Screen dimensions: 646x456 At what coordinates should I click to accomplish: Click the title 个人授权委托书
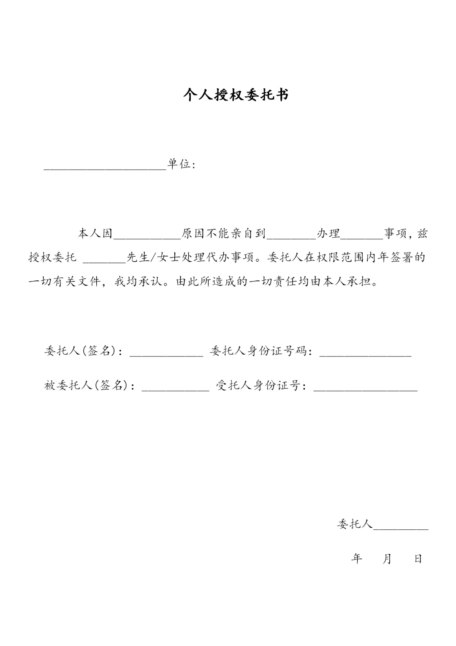[236, 95]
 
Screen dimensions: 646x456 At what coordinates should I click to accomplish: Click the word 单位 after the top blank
[179, 164]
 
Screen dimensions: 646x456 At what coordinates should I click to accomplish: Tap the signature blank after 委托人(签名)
[166, 355]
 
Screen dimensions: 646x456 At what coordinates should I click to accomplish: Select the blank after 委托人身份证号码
[365, 355]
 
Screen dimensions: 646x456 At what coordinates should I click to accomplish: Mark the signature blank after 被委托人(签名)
[175, 390]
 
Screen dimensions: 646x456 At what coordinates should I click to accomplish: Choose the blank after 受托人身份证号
[365, 390]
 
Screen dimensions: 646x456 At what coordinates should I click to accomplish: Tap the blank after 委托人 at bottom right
[401, 528]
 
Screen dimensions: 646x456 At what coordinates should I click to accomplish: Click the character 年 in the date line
[357, 559]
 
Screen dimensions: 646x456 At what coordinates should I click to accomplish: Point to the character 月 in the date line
[387, 559]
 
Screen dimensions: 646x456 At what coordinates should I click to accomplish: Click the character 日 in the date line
[418, 559]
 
